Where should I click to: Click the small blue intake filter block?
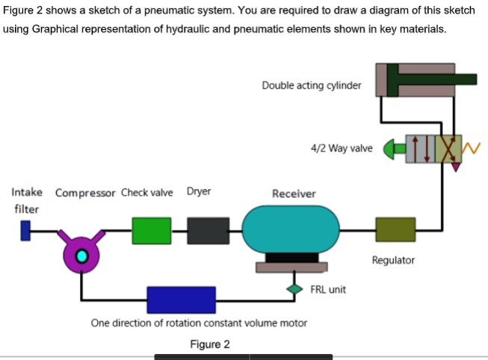[x=26, y=231]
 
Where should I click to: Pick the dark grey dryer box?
[x=208, y=231]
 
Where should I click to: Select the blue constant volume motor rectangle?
[x=181, y=300]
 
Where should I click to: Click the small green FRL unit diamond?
[x=293, y=288]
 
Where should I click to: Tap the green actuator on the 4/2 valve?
[x=392, y=149]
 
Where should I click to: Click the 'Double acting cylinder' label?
[x=311, y=85]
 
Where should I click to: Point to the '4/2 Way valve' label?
[x=341, y=148]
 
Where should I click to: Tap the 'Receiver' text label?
[x=294, y=193]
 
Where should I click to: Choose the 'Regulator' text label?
[x=393, y=261]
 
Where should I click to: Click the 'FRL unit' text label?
[x=328, y=289]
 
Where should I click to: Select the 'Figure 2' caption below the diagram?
[x=210, y=344]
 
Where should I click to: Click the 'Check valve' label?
[x=146, y=192]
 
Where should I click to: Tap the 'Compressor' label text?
[x=85, y=193]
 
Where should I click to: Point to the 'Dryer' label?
[x=199, y=191]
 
